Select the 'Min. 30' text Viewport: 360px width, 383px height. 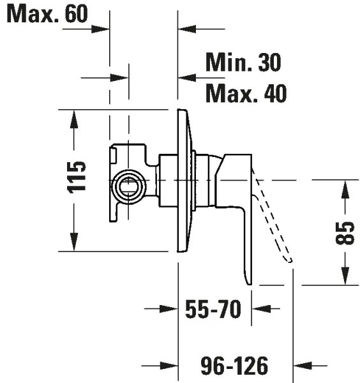click(x=243, y=62)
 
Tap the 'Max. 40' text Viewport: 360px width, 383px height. click(x=246, y=94)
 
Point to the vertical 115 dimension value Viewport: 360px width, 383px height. click(x=76, y=177)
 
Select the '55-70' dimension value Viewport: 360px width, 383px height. click(x=213, y=310)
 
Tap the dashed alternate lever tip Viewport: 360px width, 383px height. click(x=289, y=258)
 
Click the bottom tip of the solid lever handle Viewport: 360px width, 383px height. click(x=249, y=281)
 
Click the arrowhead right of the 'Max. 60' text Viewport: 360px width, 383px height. click(x=102, y=28)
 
